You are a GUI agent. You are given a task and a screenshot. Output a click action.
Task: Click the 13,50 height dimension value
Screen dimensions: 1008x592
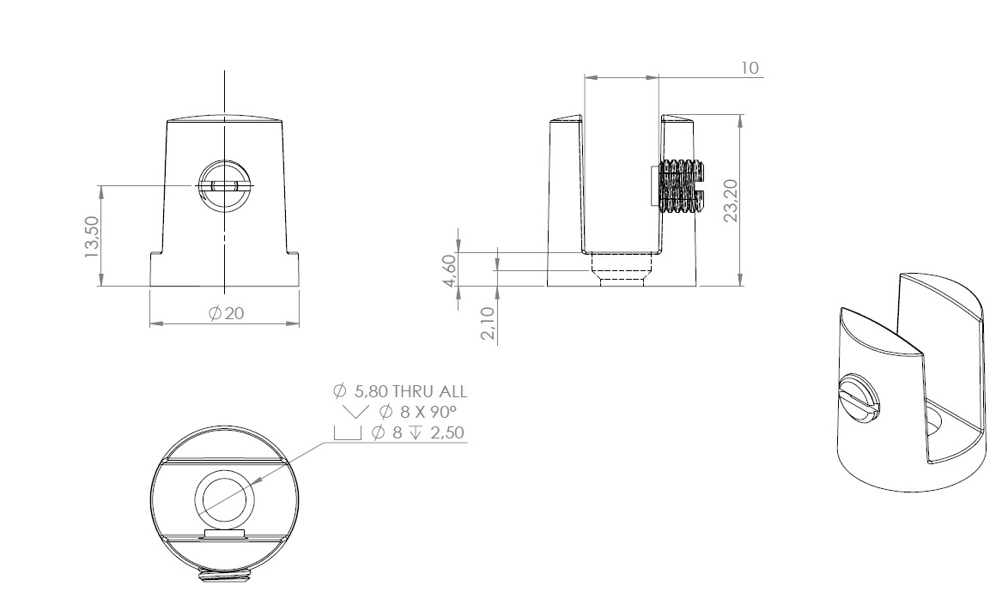tap(93, 237)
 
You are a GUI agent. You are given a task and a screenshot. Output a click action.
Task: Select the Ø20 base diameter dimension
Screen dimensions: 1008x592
tap(227, 313)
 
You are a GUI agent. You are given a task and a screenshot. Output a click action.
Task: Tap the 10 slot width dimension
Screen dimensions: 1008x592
tap(750, 68)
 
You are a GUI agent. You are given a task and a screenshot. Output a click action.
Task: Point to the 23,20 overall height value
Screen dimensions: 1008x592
tap(732, 200)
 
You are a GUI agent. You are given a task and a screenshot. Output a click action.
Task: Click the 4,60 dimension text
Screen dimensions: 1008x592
tap(449, 270)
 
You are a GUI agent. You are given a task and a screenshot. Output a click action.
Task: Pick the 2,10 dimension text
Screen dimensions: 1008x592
tap(488, 323)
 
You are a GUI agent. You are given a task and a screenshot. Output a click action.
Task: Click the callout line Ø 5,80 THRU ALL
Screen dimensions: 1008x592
tap(400, 391)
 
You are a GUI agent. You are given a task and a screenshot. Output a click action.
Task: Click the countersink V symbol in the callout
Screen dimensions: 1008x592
tap(355, 412)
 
